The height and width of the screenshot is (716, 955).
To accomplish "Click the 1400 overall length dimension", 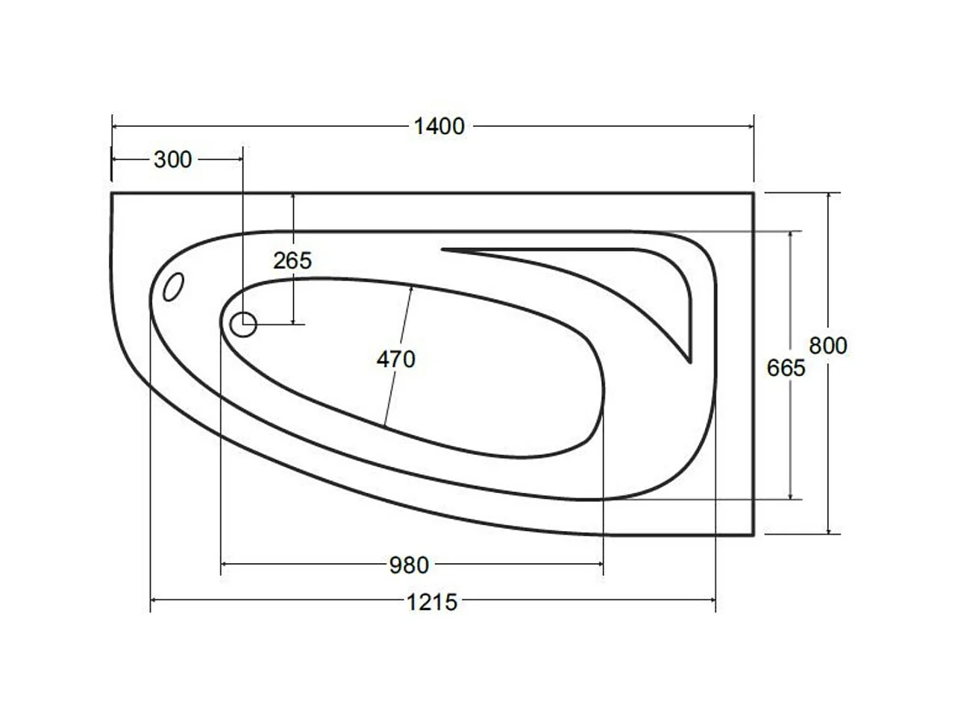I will (439, 126).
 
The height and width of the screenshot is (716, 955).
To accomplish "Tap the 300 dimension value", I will (172, 160).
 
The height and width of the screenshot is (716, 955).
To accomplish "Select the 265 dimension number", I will (292, 261).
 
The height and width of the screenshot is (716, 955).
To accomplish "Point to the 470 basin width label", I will (395, 359).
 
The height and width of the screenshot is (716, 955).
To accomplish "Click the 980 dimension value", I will (409, 565).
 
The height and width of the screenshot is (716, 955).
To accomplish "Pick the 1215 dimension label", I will (432, 601).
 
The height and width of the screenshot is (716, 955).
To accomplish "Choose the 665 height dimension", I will (786, 368).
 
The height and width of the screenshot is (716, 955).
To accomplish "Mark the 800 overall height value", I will (828, 346).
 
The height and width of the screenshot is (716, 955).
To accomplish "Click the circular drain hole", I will (243, 324).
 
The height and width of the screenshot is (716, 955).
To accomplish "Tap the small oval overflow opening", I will (173, 286).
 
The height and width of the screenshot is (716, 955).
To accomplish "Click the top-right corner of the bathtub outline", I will (754, 193).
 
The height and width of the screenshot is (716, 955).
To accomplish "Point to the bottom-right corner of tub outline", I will (754, 535).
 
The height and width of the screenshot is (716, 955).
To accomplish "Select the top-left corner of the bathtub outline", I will (112, 193).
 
